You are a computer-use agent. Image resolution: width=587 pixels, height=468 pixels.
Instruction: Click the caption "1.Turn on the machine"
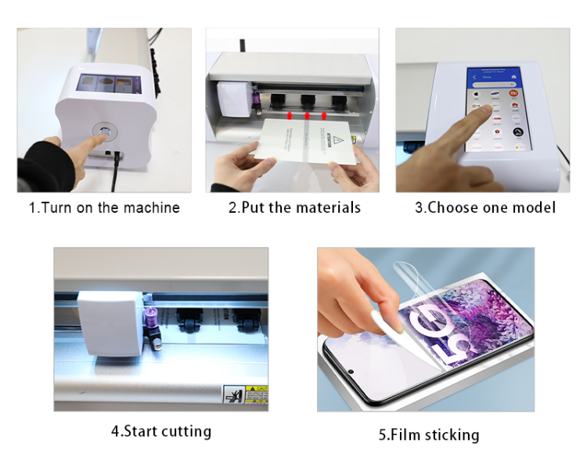tap(104, 207)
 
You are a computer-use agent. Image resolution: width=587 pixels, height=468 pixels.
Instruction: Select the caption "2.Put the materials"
tap(294, 207)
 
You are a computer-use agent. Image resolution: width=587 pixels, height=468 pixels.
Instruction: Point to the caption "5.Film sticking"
tap(428, 435)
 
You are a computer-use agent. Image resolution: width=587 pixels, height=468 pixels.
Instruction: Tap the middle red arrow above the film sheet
tap(306, 116)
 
